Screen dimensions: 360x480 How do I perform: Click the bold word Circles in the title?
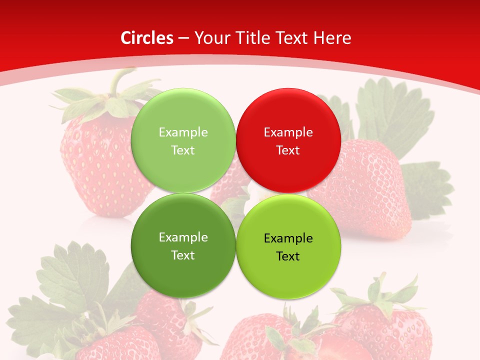[x=146, y=38]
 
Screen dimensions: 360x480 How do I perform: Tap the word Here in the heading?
[x=332, y=38]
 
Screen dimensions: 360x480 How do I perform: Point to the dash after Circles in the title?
[x=183, y=38]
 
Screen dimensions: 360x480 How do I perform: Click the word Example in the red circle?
[x=288, y=132]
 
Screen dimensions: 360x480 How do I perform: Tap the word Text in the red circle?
[x=288, y=150]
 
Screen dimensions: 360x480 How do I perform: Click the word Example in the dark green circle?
[x=183, y=237]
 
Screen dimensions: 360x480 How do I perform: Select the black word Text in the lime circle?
[x=288, y=256]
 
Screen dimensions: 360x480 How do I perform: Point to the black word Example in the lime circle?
[x=288, y=238]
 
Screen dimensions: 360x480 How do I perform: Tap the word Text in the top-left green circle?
[x=183, y=150]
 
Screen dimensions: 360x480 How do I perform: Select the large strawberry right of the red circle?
[x=370, y=190]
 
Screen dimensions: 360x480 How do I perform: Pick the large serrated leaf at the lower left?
[x=70, y=280]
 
